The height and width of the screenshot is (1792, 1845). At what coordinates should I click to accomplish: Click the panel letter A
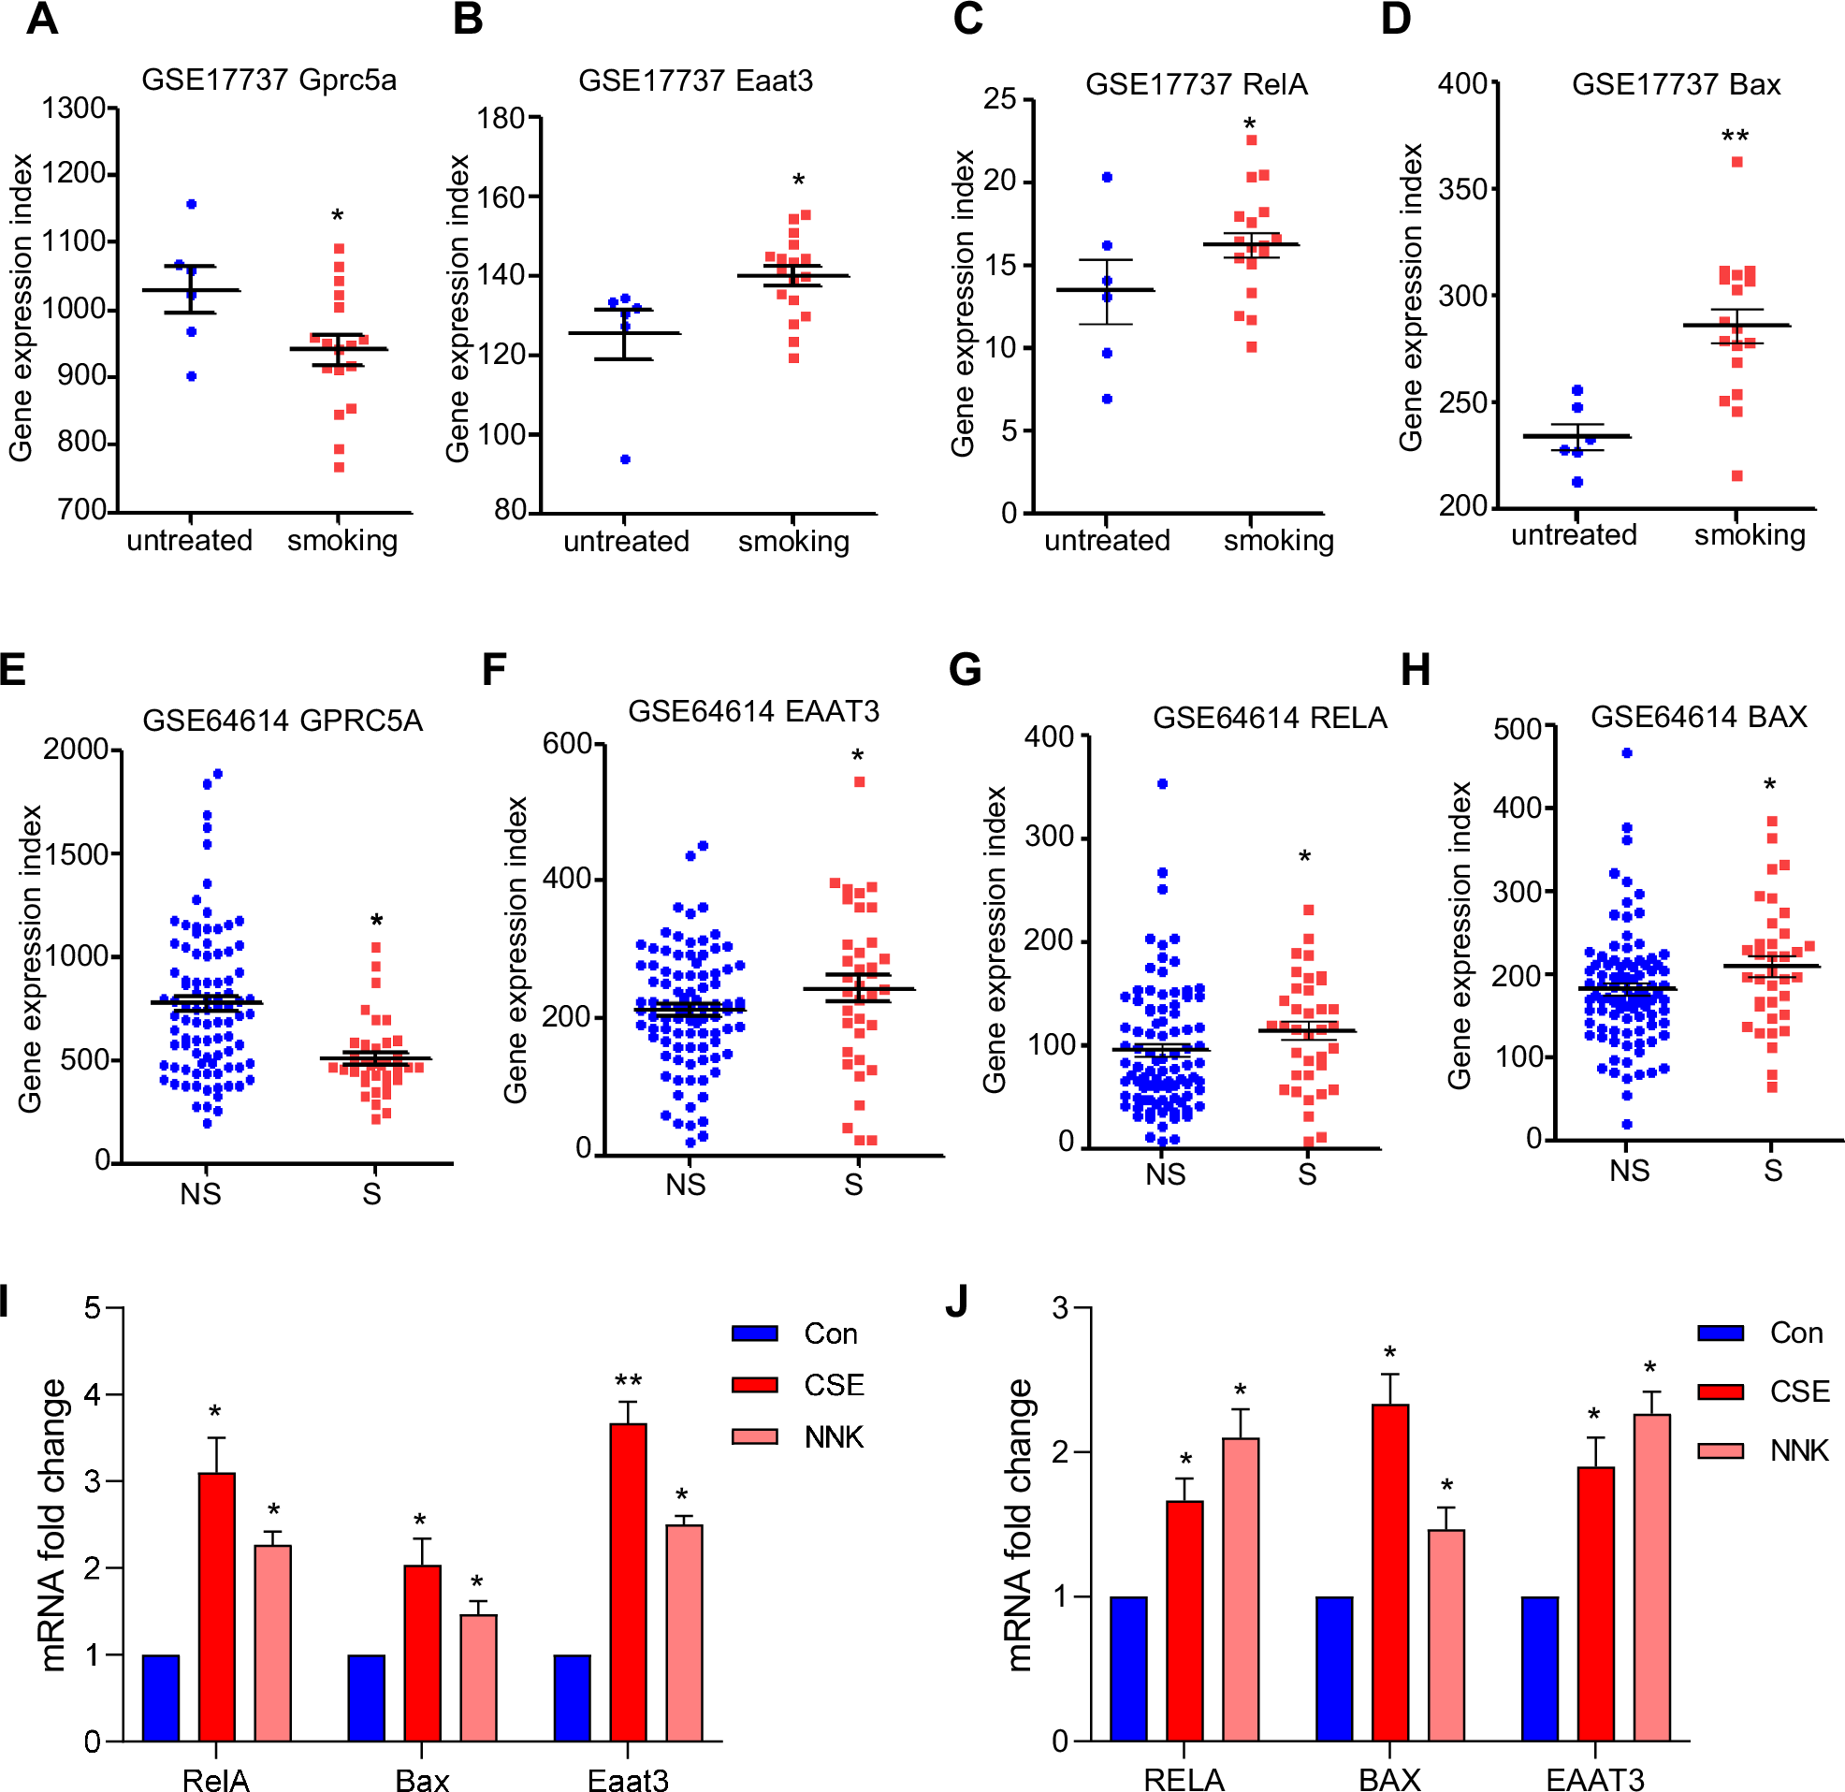[x=41, y=20]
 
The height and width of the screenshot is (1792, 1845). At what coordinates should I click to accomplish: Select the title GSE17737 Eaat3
[x=695, y=81]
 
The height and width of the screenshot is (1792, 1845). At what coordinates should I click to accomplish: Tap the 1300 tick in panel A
[x=73, y=109]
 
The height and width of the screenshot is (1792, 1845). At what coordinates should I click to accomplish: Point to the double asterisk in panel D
[x=1735, y=138]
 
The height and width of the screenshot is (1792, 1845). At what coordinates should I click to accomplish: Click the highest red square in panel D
[x=1736, y=162]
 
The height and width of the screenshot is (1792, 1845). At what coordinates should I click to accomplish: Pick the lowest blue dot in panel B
[x=625, y=459]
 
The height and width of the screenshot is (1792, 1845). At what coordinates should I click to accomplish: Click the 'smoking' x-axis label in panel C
[x=1278, y=541]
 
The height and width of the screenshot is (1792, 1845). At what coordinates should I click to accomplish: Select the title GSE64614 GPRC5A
[x=283, y=721]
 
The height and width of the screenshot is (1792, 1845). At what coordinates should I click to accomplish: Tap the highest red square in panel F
[x=859, y=781]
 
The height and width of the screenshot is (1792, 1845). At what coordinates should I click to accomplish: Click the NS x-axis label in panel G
[x=1166, y=1174]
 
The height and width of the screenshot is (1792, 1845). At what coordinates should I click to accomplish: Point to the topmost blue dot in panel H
[x=1627, y=752]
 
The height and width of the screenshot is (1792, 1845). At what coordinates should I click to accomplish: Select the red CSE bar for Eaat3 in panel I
[x=628, y=1582]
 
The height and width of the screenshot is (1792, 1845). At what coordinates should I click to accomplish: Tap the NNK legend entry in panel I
[x=800, y=1437]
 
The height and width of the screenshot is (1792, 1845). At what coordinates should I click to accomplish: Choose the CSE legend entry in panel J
[x=1765, y=1391]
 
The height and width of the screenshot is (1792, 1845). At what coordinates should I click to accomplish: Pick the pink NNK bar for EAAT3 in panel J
[x=1651, y=1577]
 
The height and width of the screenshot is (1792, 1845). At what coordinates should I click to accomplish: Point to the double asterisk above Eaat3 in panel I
[x=628, y=1382]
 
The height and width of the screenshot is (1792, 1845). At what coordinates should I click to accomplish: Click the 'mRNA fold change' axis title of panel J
[x=1020, y=1525]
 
